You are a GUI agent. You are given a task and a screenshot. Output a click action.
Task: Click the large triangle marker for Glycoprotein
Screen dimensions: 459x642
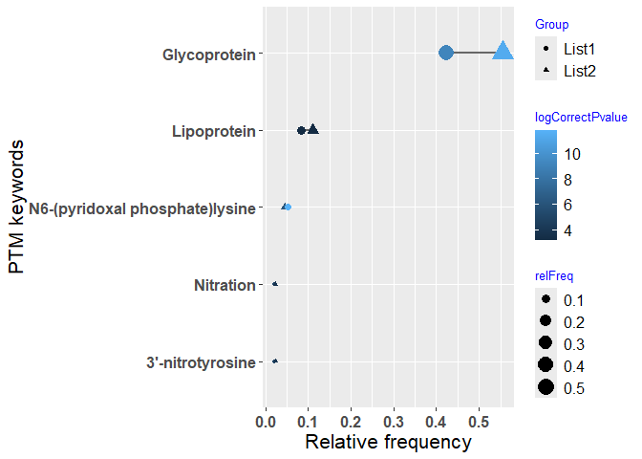(x=503, y=51)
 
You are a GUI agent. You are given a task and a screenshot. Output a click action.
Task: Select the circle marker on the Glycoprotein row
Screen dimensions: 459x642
(x=445, y=53)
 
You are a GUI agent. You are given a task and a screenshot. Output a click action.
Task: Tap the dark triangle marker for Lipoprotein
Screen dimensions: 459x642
(x=312, y=129)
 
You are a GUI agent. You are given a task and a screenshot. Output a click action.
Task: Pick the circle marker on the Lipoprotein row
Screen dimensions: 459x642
(x=301, y=130)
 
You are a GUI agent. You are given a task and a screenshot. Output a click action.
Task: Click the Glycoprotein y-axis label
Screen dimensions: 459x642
(x=208, y=55)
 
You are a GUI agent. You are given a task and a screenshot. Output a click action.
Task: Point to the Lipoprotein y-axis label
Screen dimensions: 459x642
(x=213, y=131)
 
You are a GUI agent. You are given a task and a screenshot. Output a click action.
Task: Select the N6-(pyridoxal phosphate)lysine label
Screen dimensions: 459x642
(x=142, y=208)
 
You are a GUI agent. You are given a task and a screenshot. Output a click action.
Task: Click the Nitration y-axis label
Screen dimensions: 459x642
(x=225, y=285)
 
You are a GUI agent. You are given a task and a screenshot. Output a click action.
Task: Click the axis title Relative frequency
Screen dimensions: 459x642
(x=387, y=442)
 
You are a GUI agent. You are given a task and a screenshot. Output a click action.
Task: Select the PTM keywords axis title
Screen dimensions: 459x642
(x=15, y=208)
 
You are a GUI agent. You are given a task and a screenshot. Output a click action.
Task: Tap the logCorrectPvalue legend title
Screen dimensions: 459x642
(x=581, y=118)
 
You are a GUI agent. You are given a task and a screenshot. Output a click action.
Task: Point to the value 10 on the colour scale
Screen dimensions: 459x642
(x=572, y=153)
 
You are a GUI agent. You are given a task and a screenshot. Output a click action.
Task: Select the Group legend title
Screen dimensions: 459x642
(x=551, y=24)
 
